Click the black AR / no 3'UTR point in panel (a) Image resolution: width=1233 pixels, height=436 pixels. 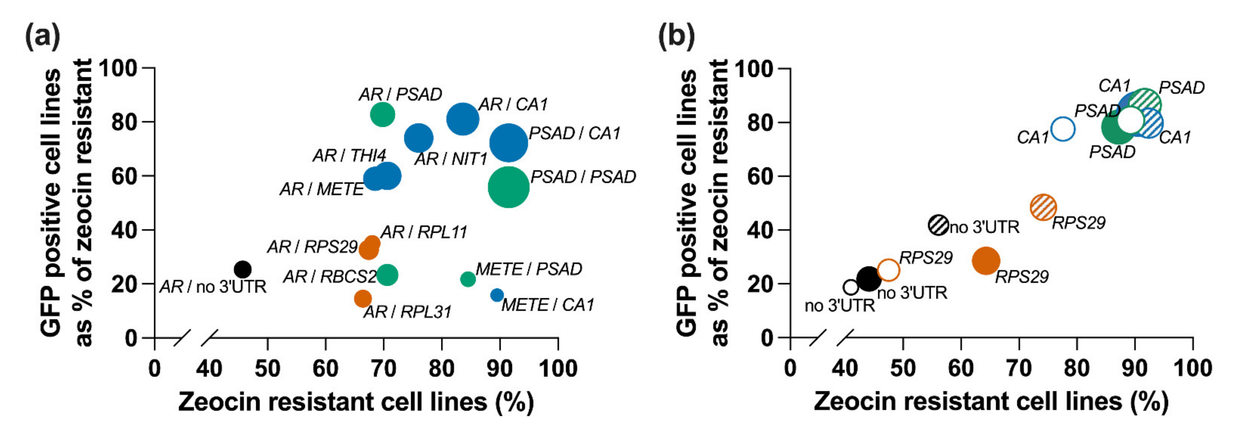coord(243,269)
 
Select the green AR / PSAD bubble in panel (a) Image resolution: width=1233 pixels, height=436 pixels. coord(382,114)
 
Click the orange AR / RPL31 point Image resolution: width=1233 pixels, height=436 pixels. coord(363,298)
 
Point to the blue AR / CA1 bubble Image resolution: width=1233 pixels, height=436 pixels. coord(463,119)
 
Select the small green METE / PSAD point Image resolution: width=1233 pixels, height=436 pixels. coord(468,279)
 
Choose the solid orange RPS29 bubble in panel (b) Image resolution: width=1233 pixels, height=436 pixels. coord(986,261)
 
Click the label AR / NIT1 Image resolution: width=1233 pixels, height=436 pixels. coord(450,159)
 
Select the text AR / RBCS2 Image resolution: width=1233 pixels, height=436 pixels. coord(330,277)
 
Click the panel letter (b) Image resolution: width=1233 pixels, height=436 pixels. coord(676,36)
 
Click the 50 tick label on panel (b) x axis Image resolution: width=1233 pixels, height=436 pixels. coord(902,368)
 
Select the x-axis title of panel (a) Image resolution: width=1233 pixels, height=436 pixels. coord(356,402)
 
